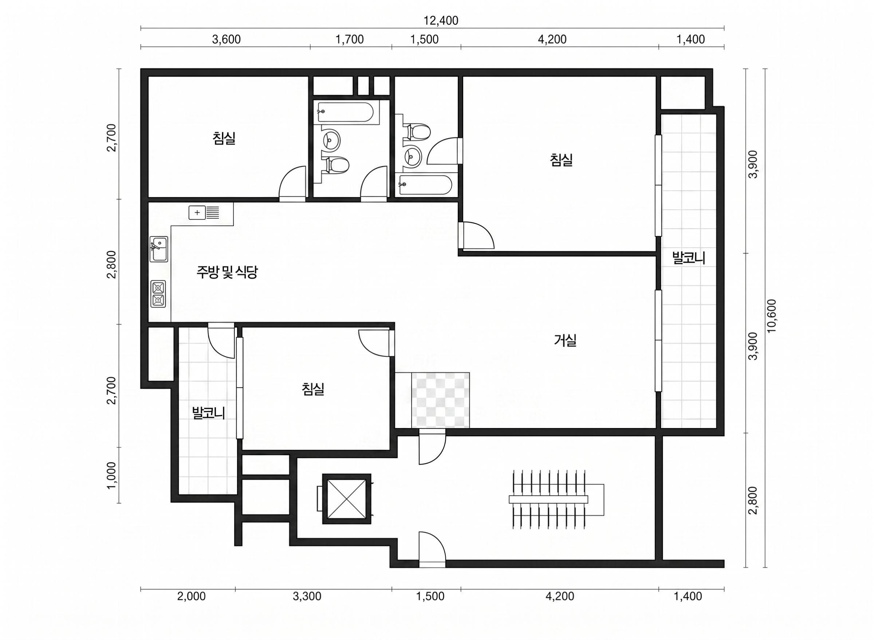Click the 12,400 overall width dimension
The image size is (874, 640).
441,20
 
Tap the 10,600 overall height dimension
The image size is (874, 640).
771,316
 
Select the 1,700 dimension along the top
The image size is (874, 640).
349,39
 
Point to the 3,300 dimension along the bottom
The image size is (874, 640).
307,596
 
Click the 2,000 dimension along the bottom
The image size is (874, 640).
191,596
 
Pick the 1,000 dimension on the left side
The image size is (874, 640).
111,476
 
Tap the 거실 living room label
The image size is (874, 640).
566,341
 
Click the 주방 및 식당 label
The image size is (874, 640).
227,272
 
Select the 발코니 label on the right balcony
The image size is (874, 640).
689,258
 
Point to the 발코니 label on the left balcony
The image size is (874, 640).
209,413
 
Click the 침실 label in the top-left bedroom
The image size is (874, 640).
224,138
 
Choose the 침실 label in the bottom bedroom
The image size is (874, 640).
313,389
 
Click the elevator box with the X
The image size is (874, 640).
347,499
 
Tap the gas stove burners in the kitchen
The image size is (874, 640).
158,294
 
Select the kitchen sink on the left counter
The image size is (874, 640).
159,249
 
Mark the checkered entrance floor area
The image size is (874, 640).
440,400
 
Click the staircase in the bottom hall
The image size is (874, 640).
556,500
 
